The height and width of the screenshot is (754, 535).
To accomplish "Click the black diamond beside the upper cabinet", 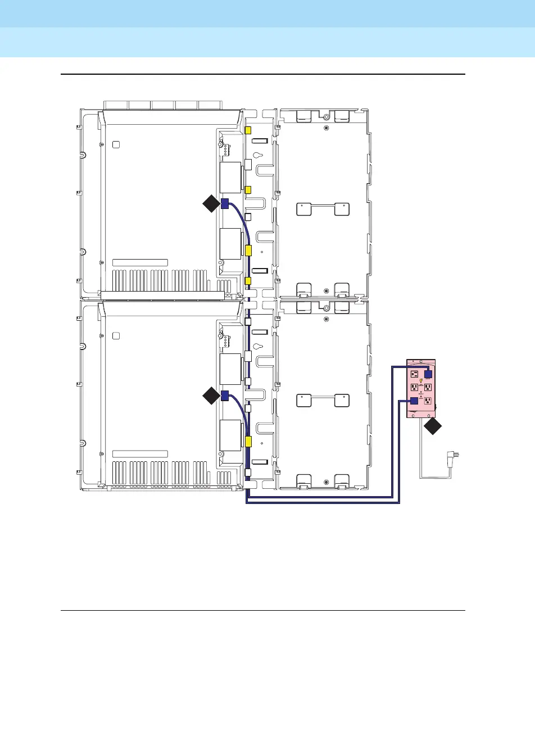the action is click(211, 203).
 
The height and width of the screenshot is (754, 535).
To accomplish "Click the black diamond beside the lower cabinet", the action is click(211, 396).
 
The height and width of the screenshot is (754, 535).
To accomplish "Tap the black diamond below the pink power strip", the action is click(433, 426).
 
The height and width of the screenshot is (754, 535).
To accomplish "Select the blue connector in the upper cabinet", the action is click(224, 203).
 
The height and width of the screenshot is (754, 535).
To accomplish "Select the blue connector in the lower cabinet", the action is click(224, 396).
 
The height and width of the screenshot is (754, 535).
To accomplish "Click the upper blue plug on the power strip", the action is click(428, 374).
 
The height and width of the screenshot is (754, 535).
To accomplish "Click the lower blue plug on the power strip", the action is click(414, 401).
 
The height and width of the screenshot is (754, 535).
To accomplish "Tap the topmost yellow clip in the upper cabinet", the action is click(248, 130).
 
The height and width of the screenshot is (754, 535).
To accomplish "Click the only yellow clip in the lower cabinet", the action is click(248, 442).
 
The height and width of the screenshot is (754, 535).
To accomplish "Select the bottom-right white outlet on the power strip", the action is click(428, 401).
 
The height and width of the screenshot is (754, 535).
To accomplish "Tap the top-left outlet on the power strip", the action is click(414, 374).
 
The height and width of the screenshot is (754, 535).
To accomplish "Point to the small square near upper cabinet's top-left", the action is click(116, 144).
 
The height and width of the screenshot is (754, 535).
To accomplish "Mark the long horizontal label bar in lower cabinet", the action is click(140, 454).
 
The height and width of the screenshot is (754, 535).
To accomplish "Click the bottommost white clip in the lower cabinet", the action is click(248, 473).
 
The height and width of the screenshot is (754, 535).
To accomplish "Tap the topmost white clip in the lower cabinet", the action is click(248, 323).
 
